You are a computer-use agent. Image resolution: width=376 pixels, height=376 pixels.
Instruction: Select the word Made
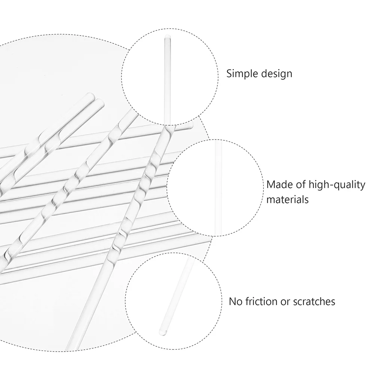[x=278, y=185]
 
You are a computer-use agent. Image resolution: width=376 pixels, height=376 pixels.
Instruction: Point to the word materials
[x=287, y=199]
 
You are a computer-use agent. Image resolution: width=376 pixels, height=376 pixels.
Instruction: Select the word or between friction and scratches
[x=286, y=301]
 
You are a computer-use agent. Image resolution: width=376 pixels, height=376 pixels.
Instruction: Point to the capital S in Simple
[x=229, y=74]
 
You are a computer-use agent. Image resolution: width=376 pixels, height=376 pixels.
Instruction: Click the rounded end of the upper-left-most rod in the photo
[x=90, y=95]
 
